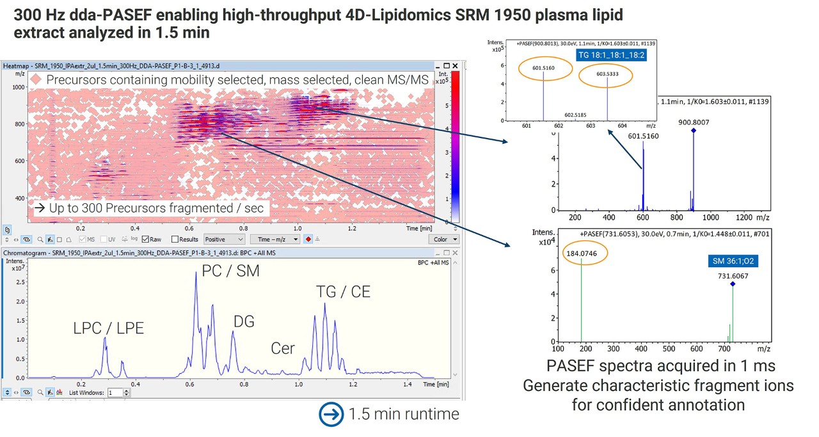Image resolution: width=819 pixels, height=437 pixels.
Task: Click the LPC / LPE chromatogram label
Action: [x=108, y=328]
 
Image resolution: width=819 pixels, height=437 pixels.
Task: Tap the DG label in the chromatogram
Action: [x=243, y=321]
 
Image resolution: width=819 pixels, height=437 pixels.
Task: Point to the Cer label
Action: [x=283, y=348]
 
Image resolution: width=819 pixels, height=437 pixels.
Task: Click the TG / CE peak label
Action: [x=343, y=292]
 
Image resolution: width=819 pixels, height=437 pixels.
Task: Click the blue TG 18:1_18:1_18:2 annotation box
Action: [x=611, y=56]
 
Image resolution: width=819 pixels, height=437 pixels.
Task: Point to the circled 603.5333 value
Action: [x=607, y=75]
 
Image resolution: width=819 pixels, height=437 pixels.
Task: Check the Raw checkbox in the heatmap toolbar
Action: [x=147, y=240]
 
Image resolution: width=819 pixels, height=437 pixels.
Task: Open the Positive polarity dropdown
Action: [x=223, y=240]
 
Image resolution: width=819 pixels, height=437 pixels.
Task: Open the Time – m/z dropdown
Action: [x=277, y=240]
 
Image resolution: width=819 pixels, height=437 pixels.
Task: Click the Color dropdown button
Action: [x=445, y=240]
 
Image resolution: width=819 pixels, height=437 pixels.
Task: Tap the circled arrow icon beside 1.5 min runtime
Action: [x=331, y=414]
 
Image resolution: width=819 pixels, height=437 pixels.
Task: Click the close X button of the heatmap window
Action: [x=456, y=66]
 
